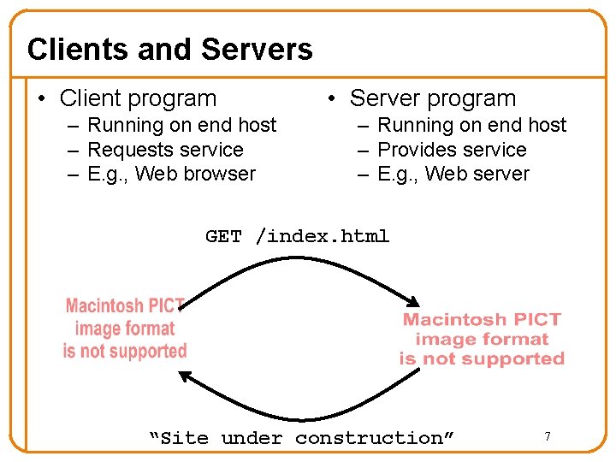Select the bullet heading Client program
coord(138,98)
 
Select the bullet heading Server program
coord(433,98)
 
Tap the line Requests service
coord(165,150)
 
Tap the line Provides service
coord(452,150)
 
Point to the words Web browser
coord(195,174)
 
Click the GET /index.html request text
coord(297,236)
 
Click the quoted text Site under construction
coord(302,438)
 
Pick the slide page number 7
coord(548,437)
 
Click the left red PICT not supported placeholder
coord(125,329)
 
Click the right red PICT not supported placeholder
coord(482,339)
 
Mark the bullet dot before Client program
coord(41,99)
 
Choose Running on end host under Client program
coord(182,125)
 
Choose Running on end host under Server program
coord(471,125)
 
